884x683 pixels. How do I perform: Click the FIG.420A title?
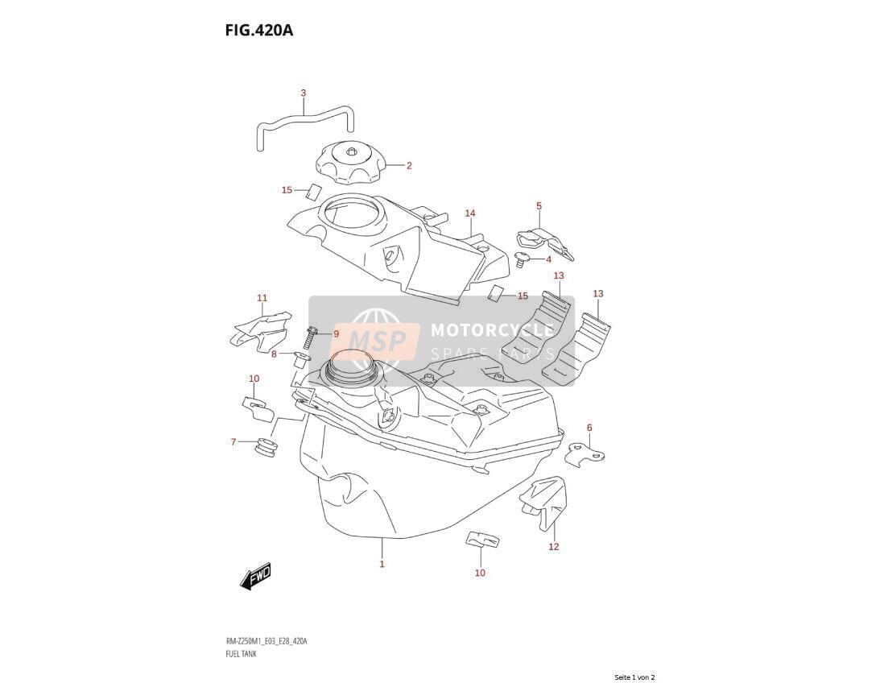pos(258,30)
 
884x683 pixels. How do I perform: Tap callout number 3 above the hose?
pos(303,93)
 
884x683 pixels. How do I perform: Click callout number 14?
pos(470,213)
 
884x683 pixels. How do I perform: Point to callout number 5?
pos(539,206)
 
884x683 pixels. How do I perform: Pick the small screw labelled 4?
pos(522,260)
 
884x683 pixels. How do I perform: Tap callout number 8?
pos(274,354)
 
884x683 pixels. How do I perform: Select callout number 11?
pos(262,298)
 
